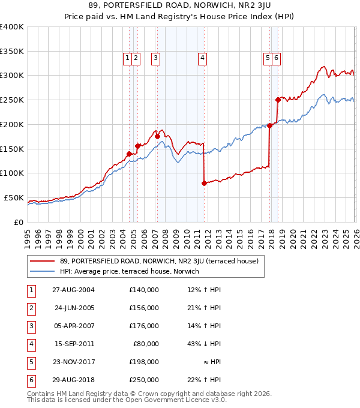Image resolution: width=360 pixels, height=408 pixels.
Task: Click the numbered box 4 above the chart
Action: coord(203,58)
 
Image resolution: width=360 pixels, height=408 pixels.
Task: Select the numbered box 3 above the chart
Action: coord(155,58)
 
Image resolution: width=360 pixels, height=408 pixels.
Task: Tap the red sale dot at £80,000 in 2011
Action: coord(204,183)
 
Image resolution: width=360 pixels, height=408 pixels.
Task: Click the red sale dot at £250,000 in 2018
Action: coord(278,100)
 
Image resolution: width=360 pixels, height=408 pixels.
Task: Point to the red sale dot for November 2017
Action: coord(269,125)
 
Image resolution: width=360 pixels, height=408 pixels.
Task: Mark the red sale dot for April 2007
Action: coord(157,136)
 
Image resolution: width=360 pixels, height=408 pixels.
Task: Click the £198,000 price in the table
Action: coord(143,362)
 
